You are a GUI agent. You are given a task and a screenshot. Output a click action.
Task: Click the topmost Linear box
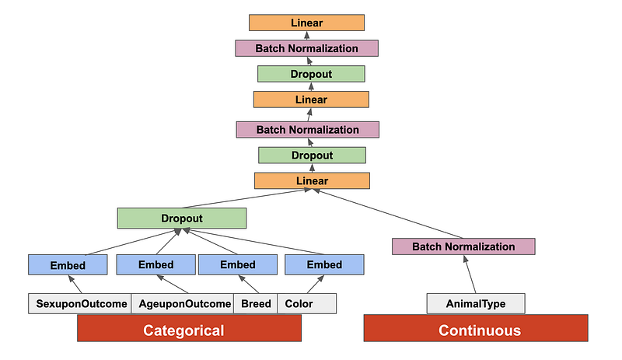coord(306,23)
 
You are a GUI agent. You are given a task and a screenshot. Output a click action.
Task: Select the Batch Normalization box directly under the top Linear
coord(306,48)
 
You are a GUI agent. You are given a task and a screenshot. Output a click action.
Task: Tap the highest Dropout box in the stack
coord(311,74)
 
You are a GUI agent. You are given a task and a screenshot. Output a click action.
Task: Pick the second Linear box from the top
coord(311,100)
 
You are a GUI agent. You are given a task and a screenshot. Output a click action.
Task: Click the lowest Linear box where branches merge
coord(311,181)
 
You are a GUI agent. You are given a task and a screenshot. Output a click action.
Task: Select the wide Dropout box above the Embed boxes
coord(182,218)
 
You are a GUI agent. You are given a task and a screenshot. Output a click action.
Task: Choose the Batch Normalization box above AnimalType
coord(463,246)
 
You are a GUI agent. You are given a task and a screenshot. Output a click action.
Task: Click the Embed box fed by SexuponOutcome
coord(68,265)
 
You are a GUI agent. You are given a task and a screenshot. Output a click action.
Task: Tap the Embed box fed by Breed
coord(237,265)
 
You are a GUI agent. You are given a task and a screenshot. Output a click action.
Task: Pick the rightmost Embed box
coord(324,265)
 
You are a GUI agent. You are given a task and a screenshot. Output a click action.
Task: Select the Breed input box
coord(255,303)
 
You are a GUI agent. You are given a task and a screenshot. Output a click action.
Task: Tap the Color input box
coord(306,303)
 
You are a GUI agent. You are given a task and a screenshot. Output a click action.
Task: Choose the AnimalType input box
coord(476,303)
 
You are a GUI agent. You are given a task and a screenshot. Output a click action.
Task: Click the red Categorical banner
coord(189,330)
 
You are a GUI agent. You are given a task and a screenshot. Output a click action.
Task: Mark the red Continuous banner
coord(476,330)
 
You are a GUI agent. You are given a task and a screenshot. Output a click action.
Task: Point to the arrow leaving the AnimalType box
coord(470,275)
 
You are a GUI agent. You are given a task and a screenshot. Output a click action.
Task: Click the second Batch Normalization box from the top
coord(307,129)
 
